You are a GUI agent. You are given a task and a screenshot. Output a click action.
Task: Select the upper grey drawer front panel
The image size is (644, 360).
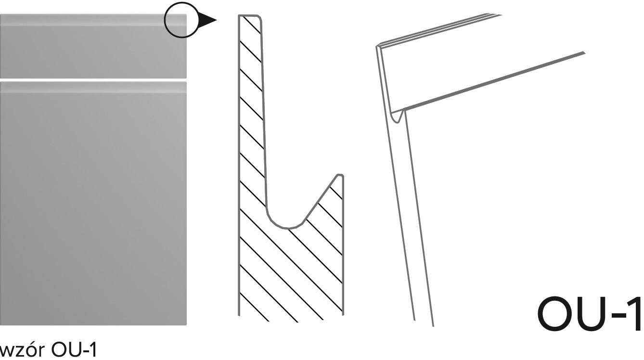(93, 46)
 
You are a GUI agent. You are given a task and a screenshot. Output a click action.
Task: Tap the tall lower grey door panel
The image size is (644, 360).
(93, 204)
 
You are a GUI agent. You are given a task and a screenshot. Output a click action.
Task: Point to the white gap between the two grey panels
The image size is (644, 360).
(93, 80)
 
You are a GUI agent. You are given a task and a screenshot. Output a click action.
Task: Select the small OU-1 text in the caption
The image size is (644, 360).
(74, 350)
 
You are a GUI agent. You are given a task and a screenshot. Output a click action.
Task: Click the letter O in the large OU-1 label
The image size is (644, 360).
(554, 314)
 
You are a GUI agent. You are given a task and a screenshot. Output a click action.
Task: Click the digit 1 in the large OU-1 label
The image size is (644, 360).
(636, 314)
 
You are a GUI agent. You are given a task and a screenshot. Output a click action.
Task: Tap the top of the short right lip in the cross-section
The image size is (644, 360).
(340, 175)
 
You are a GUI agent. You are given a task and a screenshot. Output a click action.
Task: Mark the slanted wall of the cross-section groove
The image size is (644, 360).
(319, 199)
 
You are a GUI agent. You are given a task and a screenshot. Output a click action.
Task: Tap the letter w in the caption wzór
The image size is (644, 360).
(6, 352)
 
